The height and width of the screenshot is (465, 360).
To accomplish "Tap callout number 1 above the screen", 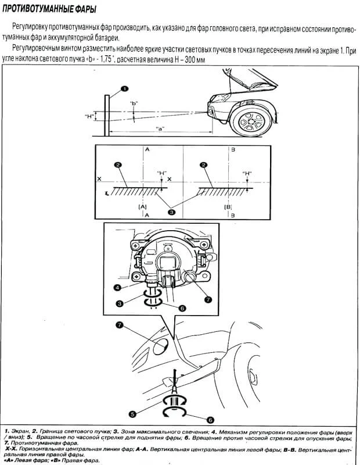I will click(124, 89).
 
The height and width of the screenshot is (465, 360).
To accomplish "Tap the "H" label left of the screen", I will click(88, 116).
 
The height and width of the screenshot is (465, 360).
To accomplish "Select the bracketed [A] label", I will click(142, 206).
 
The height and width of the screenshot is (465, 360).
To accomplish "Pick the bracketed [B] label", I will click(228, 206).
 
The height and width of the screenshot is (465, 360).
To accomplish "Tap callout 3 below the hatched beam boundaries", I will click(171, 213).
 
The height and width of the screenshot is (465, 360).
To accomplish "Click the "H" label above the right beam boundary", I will click(247, 173).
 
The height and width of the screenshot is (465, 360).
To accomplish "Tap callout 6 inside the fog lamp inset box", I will click(182, 308).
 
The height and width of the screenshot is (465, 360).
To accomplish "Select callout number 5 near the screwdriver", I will click(133, 414).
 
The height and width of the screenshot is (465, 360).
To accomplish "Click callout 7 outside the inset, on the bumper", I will click(120, 325).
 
